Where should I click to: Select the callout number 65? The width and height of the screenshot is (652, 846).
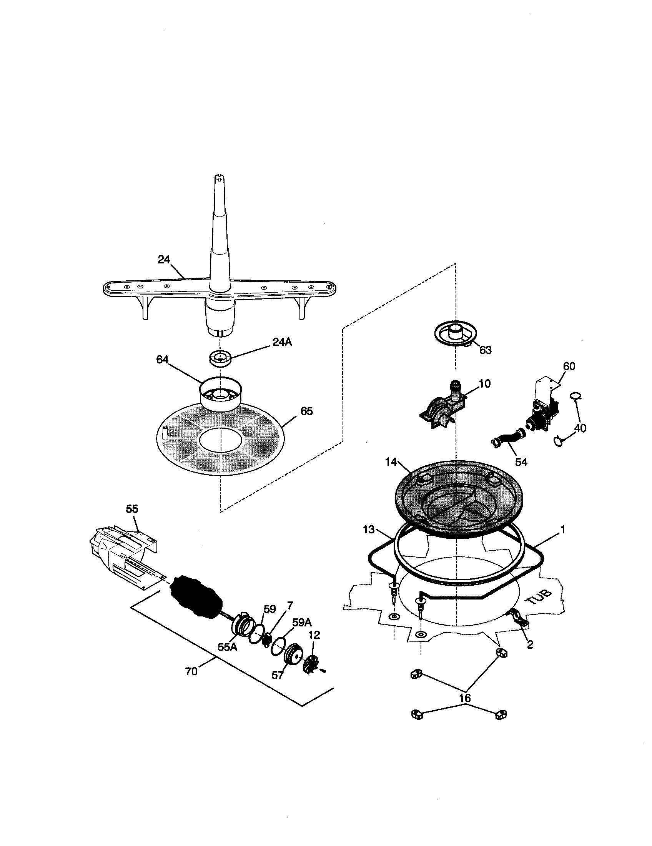click(306, 411)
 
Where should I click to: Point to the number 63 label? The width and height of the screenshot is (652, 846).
click(485, 350)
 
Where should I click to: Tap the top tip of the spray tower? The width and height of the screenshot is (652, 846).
click(220, 178)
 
